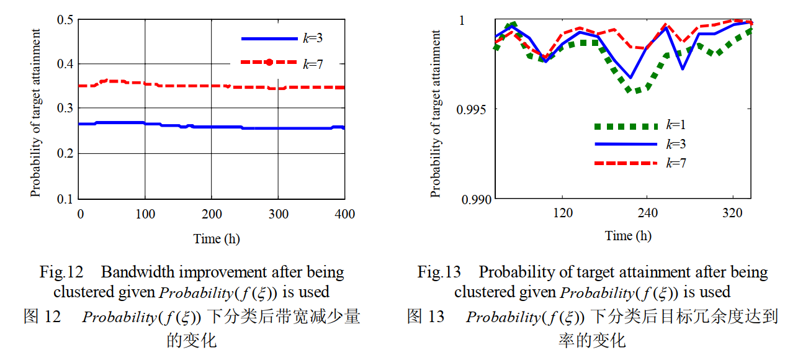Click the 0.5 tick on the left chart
tap(66, 19)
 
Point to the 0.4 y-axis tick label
tap(66, 64)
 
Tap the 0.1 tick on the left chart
tap(66, 199)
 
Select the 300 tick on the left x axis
tap(278, 214)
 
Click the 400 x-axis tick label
tap(344, 214)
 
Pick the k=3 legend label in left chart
tap(312, 38)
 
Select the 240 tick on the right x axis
tap(647, 214)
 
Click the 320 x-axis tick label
tap(733, 214)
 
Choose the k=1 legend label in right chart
tap(676, 125)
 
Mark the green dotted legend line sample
tap(626, 126)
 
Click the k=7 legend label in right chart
tap(676, 163)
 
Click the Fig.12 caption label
tap(61, 272)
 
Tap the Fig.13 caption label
tap(439, 272)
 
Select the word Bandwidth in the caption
tap(134, 272)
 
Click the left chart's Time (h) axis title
tap(217, 239)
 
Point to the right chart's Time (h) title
tap(628, 236)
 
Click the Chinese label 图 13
tap(426, 317)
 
